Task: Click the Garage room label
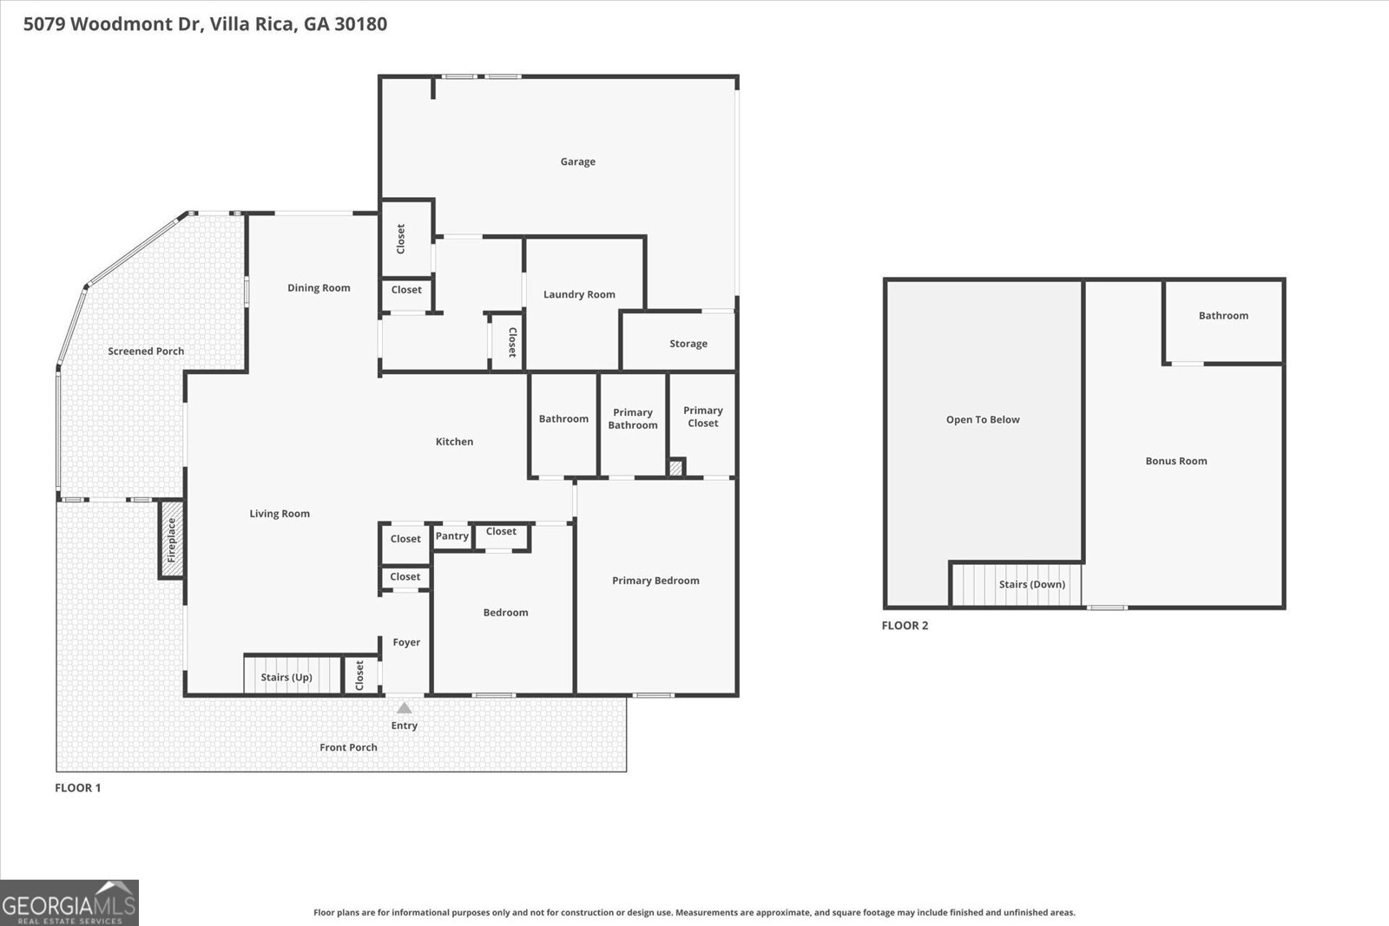[x=577, y=161]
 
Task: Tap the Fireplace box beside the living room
[x=171, y=539]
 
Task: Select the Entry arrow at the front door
[x=405, y=708]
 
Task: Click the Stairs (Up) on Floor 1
[x=286, y=677]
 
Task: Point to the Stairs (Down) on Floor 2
[x=1031, y=584]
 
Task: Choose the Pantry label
[x=452, y=536]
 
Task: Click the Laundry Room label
[x=579, y=294]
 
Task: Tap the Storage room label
[x=688, y=344]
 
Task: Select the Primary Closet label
[x=702, y=417]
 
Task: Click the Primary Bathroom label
[x=633, y=418]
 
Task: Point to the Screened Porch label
[x=146, y=351]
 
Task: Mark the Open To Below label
[x=983, y=419]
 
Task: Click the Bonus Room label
[x=1175, y=461]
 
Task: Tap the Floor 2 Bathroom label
[x=1223, y=316]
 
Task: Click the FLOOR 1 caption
[x=78, y=788]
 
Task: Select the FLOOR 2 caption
[x=905, y=626]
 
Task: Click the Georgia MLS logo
[x=69, y=903]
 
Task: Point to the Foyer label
[x=406, y=642]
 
